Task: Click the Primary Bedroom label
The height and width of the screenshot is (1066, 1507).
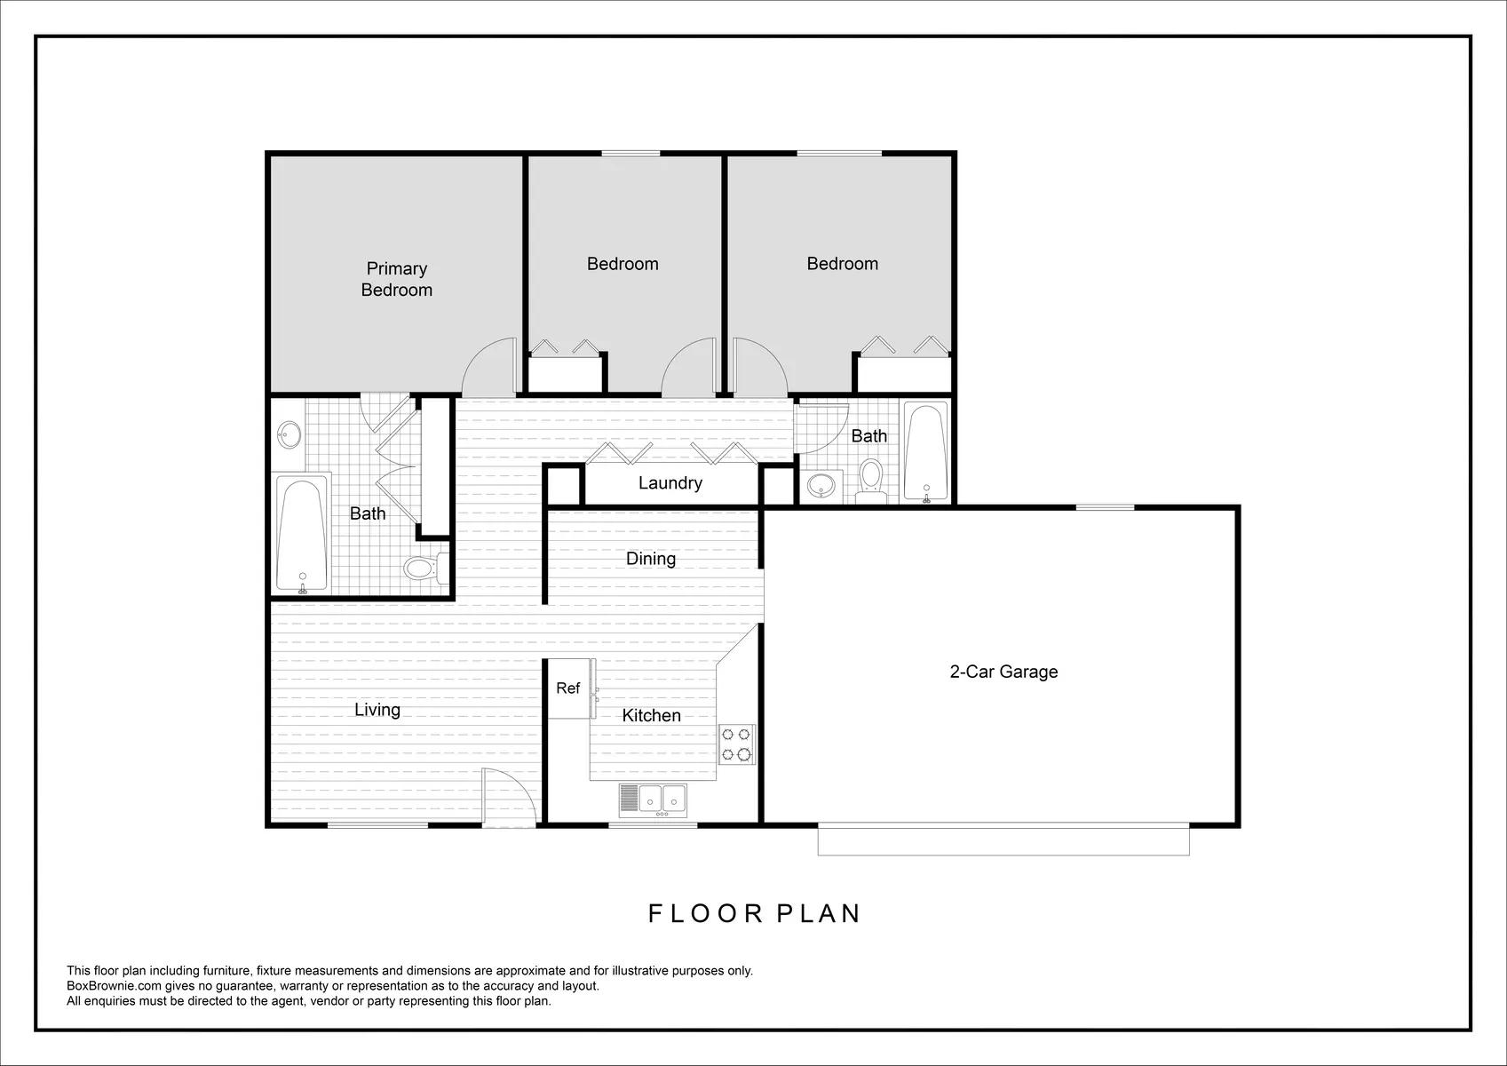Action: coord(396,279)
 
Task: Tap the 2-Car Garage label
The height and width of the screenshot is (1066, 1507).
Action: coord(1003,672)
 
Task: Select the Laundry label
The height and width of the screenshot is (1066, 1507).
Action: coord(670,483)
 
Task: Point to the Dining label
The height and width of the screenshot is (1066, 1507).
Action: coord(650,559)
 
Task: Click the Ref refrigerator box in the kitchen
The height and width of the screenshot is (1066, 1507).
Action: coord(568,688)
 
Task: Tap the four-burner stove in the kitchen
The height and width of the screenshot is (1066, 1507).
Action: coord(736,744)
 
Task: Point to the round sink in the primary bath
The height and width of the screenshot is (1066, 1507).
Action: coord(288,435)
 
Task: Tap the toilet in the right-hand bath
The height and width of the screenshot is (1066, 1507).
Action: coord(871,480)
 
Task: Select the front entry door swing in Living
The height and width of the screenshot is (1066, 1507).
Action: coord(509,797)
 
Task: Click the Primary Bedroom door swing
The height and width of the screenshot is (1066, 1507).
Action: coord(488,368)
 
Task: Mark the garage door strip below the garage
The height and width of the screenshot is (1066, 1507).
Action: coord(1003,840)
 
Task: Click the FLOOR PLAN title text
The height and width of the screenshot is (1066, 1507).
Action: coord(754,914)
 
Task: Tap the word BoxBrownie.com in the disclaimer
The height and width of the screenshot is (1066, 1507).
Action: coord(114,986)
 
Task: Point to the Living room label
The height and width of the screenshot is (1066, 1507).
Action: coord(377,710)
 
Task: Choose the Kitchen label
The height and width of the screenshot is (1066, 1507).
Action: coord(651,716)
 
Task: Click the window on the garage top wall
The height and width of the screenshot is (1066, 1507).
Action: coord(1105,507)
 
